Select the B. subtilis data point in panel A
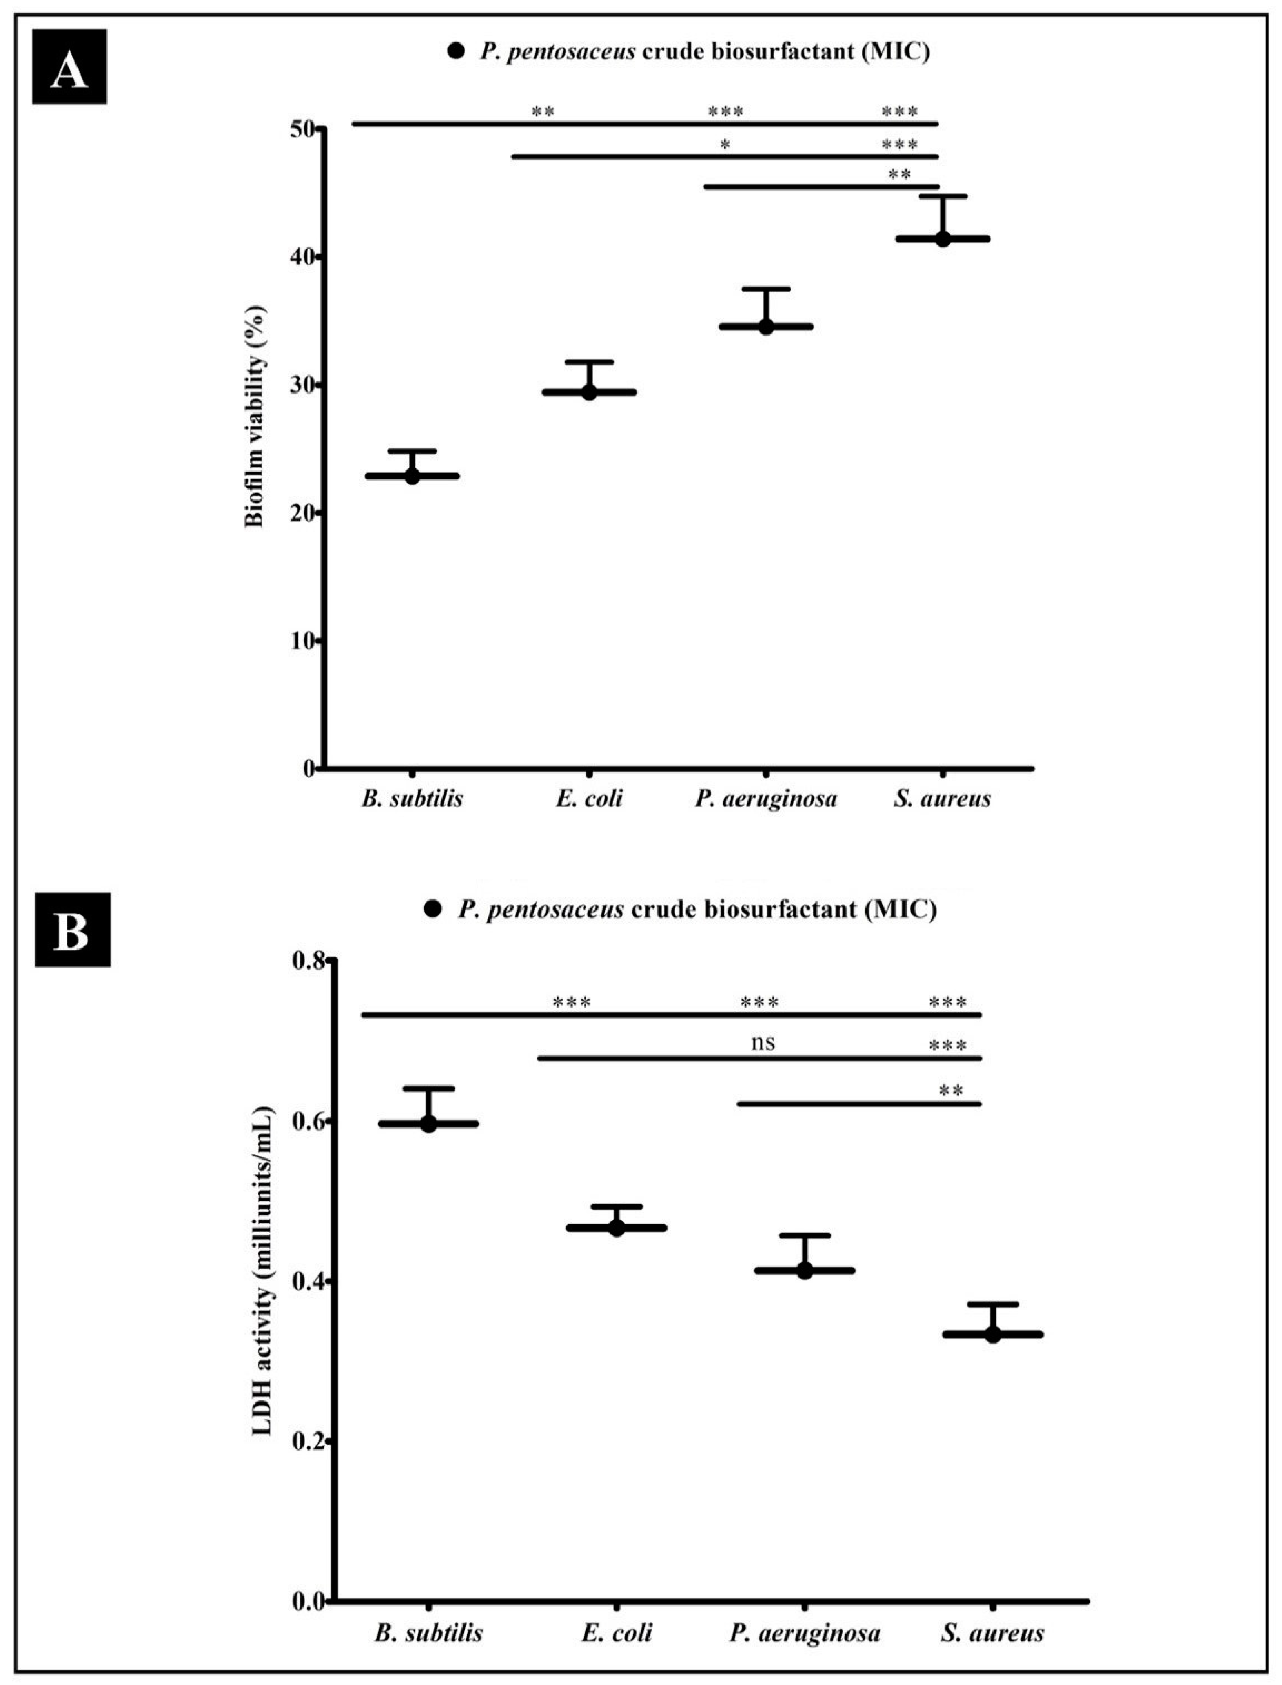[x=412, y=476]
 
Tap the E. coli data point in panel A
[x=589, y=392]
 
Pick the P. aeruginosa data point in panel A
[x=766, y=326]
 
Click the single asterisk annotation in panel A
[x=725, y=145]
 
